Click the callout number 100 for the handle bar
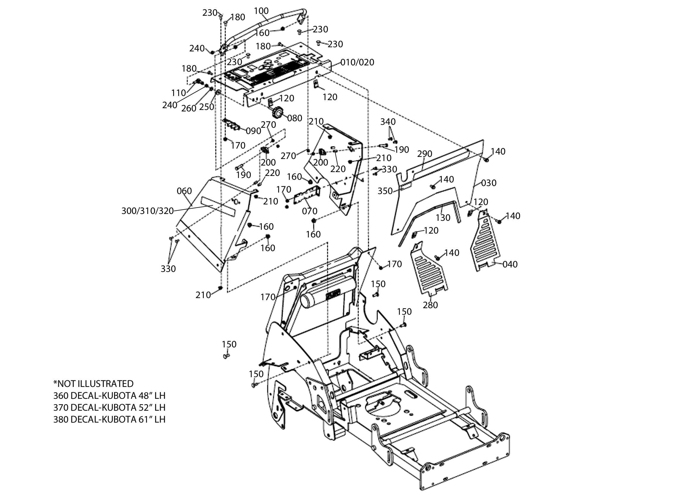tap(261, 11)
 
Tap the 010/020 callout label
tap(357, 62)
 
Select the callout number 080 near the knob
tap(295, 118)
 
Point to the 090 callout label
tap(253, 131)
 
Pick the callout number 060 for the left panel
tap(184, 191)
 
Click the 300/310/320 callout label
tap(148, 211)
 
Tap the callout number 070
tap(310, 211)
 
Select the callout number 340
tap(388, 122)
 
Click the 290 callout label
tap(425, 154)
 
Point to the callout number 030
tap(489, 183)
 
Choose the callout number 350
tap(385, 191)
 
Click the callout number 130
tap(443, 217)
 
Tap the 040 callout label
tap(510, 264)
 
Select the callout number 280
tap(431, 305)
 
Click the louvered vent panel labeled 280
tap(429, 268)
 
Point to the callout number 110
tap(179, 93)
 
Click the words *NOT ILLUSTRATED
tap(93, 384)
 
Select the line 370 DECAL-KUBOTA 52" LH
tap(109, 407)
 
